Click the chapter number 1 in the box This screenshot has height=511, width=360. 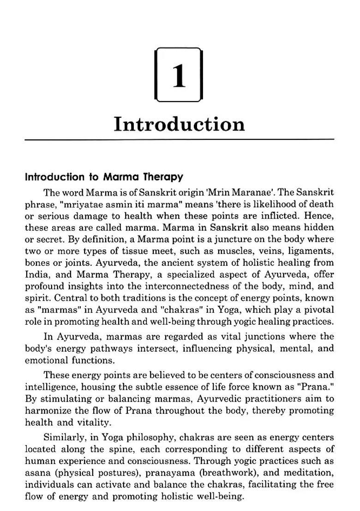click(x=179, y=75)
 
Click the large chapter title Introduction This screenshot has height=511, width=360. click(x=179, y=124)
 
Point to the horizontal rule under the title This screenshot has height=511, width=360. click(x=179, y=139)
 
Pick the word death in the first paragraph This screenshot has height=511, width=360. click(x=322, y=204)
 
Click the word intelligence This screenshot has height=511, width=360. click(x=55, y=386)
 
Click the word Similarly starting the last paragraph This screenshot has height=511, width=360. click(x=64, y=438)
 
